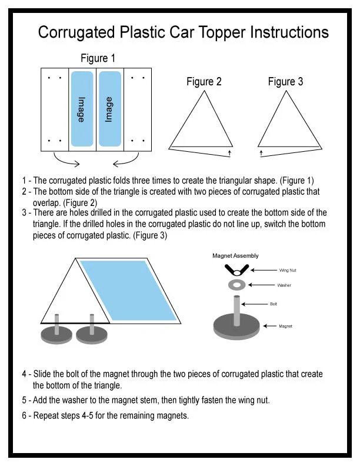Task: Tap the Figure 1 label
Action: point(98,58)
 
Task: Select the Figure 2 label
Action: point(204,81)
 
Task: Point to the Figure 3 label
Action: point(285,81)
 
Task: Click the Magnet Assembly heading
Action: point(235,256)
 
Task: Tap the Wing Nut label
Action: point(288,271)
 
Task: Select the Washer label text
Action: point(284,285)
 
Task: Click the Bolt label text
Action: point(274,304)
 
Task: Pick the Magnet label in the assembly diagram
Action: point(285,327)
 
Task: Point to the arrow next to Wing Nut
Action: point(264,270)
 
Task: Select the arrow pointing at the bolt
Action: point(255,304)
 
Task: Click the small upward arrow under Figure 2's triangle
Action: point(229,153)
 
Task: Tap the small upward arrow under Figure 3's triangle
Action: point(261,153)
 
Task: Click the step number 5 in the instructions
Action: point(24,400)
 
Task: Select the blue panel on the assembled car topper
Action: point(129,291)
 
